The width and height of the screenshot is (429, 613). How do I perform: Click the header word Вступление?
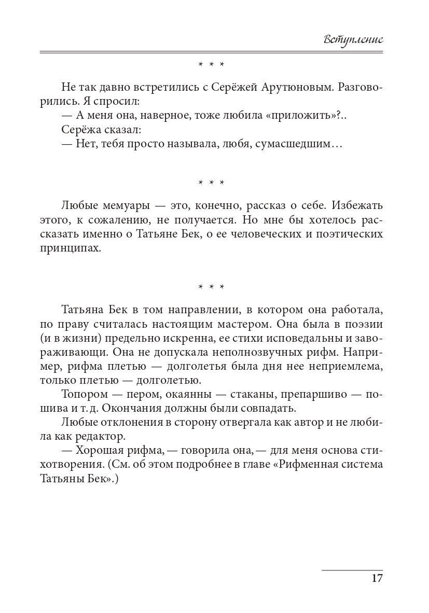352,39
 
